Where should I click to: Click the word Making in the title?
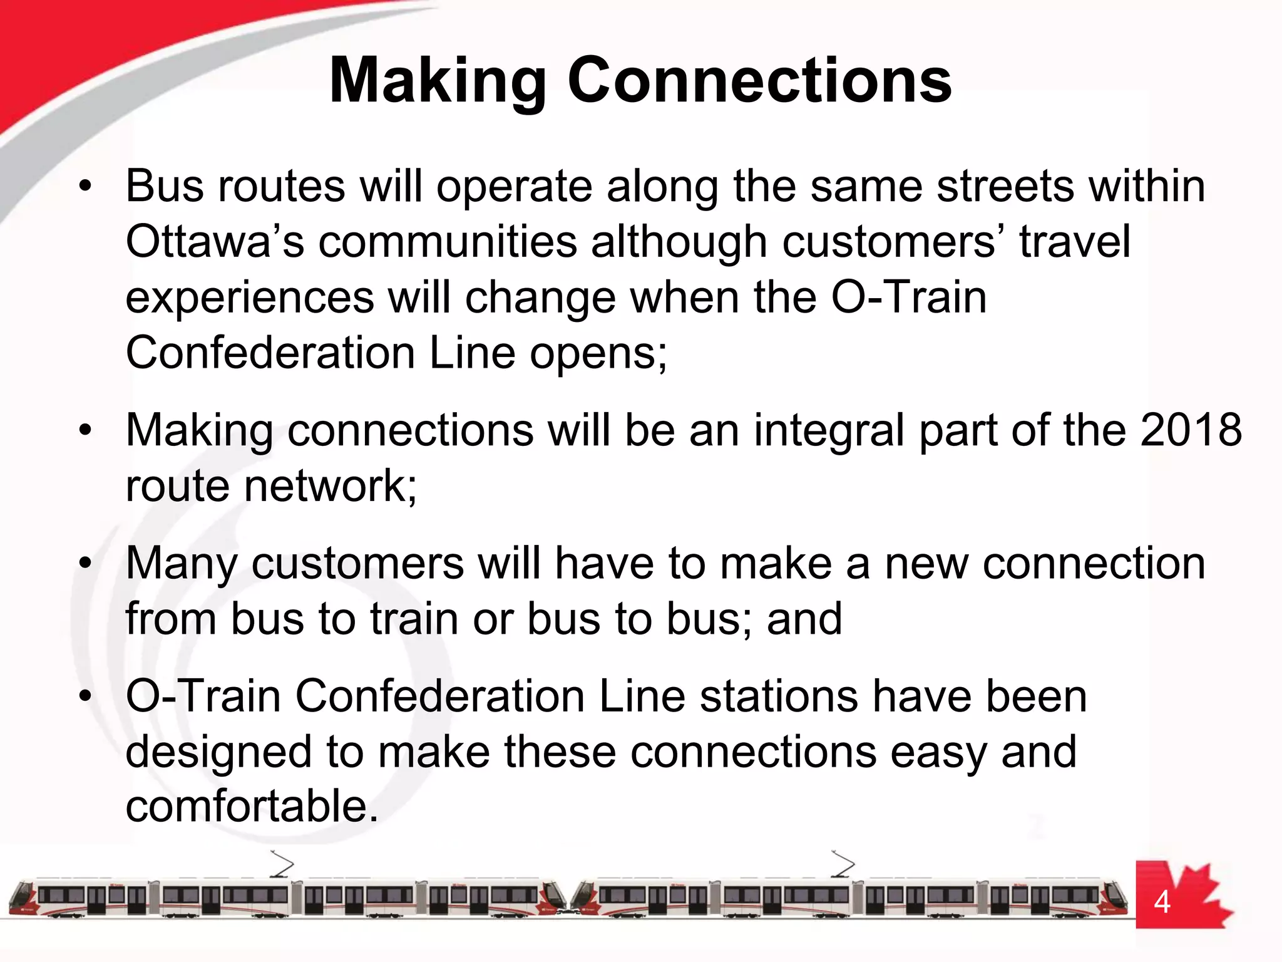(438, 81)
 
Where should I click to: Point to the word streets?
(1004, 186)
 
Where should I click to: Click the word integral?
(829, 432)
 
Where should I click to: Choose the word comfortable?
(252, 807)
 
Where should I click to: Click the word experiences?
(250, 298)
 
